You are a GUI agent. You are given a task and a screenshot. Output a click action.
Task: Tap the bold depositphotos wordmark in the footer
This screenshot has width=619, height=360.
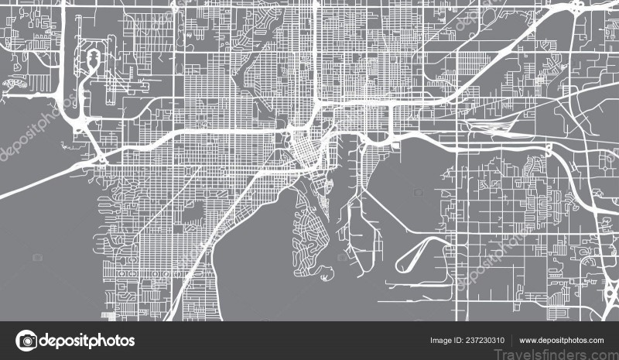pos(87,341)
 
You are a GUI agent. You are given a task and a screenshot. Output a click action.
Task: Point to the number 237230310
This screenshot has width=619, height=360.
pos(485,341)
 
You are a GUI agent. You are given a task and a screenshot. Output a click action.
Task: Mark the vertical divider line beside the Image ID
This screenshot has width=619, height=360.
pos(511,341)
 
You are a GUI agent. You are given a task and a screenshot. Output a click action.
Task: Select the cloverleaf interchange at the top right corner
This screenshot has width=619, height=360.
pos(577,9)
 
